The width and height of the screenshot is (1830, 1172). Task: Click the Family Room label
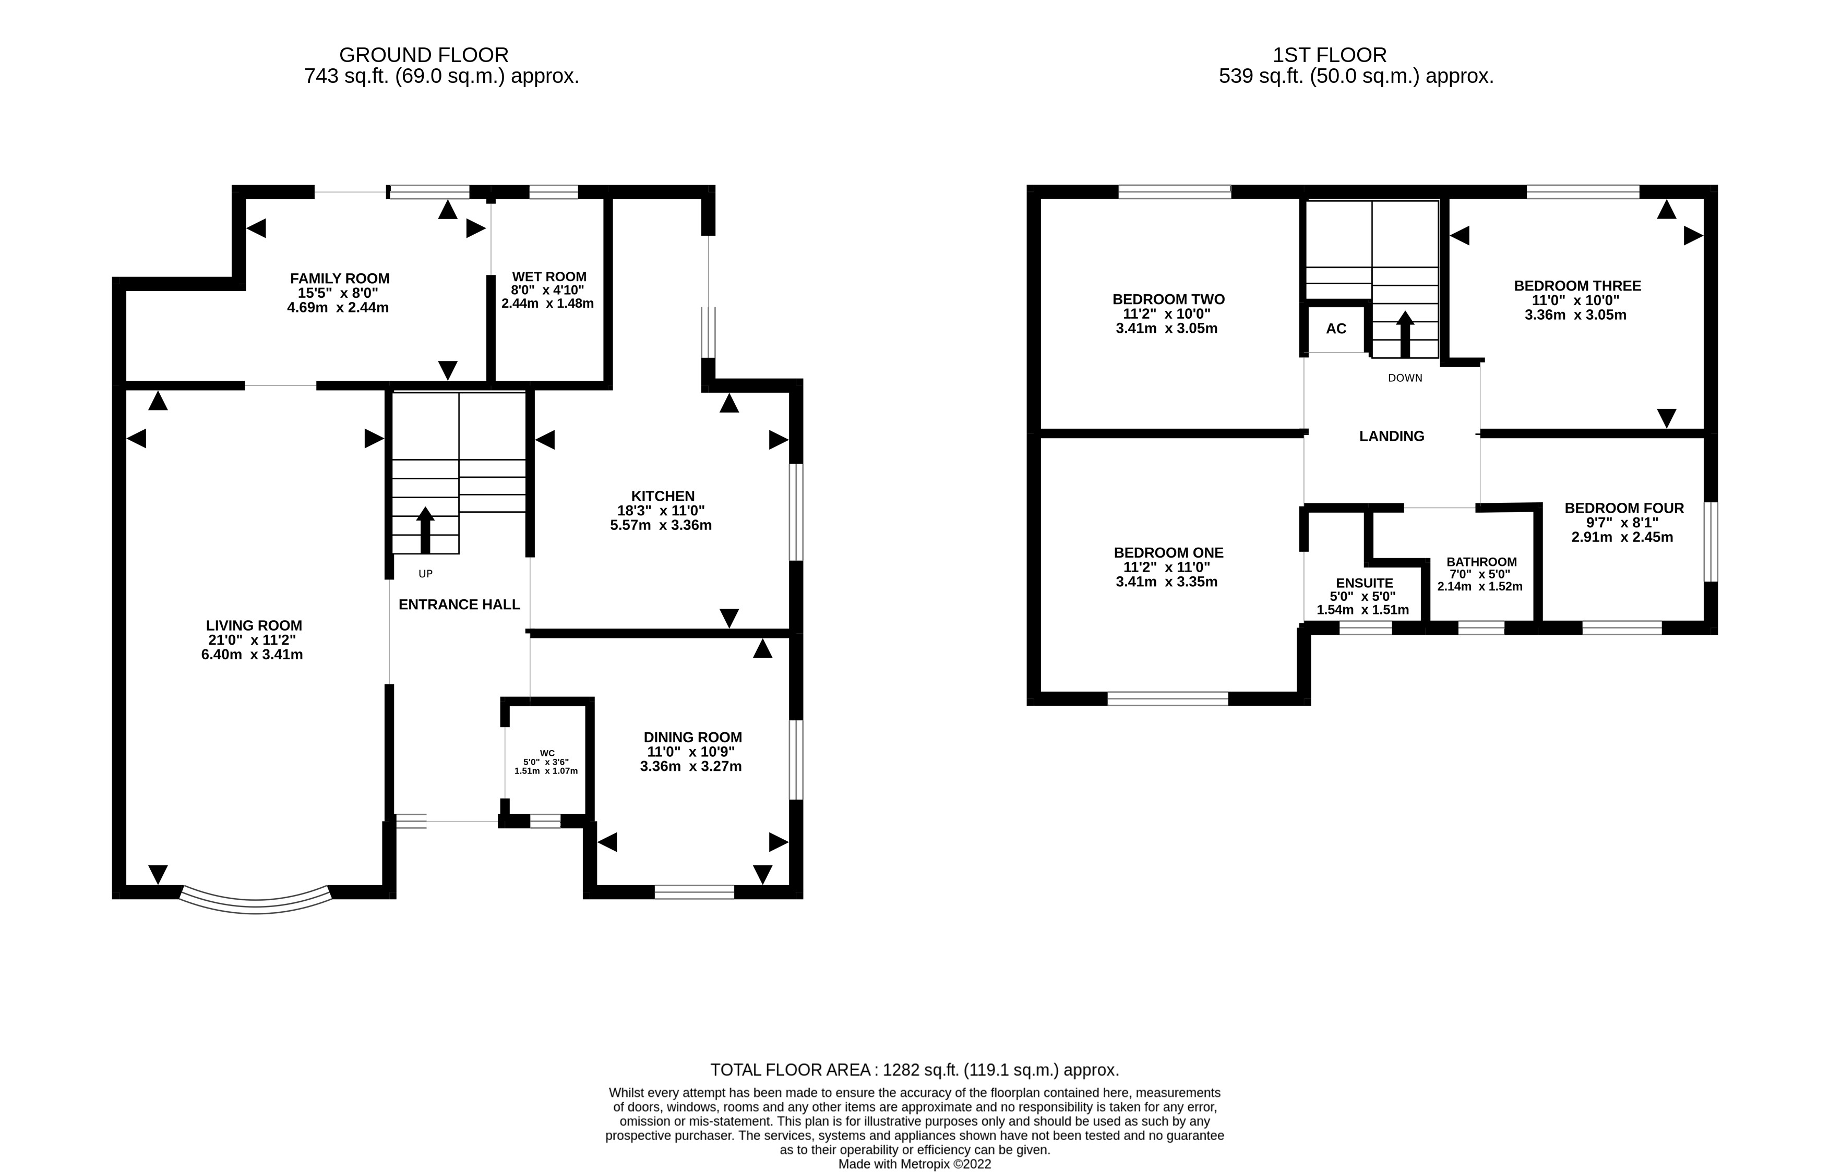click(340, 279)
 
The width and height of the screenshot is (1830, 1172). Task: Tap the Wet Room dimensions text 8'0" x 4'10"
click(548, 290)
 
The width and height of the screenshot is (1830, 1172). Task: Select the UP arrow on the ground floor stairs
click(425, 530)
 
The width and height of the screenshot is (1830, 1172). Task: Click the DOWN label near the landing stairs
click(1405, 378)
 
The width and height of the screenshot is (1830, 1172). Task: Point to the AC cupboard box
click(1336, 329)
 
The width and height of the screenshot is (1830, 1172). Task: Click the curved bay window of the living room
click(255, 903)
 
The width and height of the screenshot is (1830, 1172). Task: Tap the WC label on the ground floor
click(546, 753)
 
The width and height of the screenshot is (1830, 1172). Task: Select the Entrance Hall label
click(459, 605)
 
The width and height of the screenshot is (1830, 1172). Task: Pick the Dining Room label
click(692, 736)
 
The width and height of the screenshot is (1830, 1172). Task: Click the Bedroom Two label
click(1168, 299)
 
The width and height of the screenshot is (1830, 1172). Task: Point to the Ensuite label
click(1364, 583)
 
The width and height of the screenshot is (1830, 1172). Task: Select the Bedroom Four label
click(1624, 508)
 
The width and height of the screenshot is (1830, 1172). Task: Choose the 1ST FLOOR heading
click(1329, 55)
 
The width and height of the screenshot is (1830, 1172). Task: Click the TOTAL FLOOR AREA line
click(914, 1070)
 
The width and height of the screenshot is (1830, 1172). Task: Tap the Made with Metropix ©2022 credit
click(914, 1164)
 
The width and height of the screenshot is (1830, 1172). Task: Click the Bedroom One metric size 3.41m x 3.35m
click(1166, 582)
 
